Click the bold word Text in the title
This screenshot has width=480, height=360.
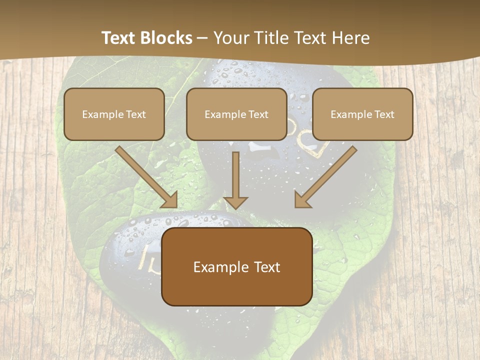[118, 38]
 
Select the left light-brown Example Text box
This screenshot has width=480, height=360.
[114, 114]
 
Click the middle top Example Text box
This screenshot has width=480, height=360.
[236, 114]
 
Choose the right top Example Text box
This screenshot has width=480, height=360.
[362, 114]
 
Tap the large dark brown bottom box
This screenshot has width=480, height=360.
[236, 266]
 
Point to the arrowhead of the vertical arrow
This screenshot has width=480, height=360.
[235, 202]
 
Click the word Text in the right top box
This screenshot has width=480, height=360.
[384, 114]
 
